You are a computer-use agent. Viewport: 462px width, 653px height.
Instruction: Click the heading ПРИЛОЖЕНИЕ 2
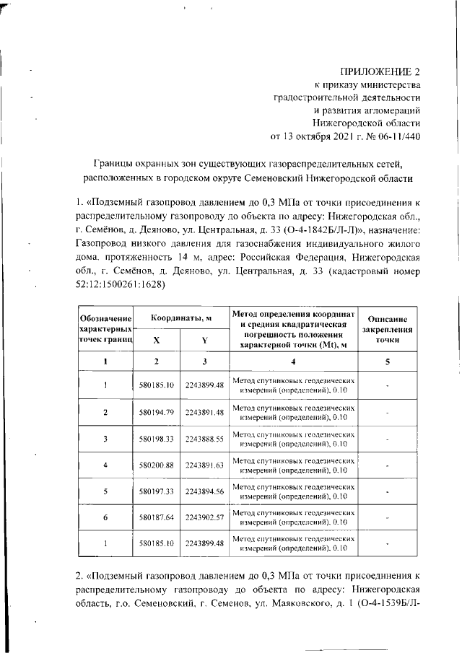pos(381,71)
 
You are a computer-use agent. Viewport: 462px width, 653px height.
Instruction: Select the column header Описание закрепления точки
pos(388,329)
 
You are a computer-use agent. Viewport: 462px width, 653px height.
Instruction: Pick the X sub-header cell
pos(157,340)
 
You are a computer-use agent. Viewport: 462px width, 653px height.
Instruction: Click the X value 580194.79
pos(157,412)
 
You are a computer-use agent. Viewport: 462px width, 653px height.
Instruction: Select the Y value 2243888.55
pos(204,438)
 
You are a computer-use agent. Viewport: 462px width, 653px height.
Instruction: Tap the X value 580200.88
pos(157,465)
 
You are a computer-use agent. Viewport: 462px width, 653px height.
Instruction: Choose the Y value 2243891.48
pos(204,412)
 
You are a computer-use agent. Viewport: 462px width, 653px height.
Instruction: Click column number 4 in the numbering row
pos(293,361)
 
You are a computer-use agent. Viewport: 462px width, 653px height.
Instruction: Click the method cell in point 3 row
pos(293,438)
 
